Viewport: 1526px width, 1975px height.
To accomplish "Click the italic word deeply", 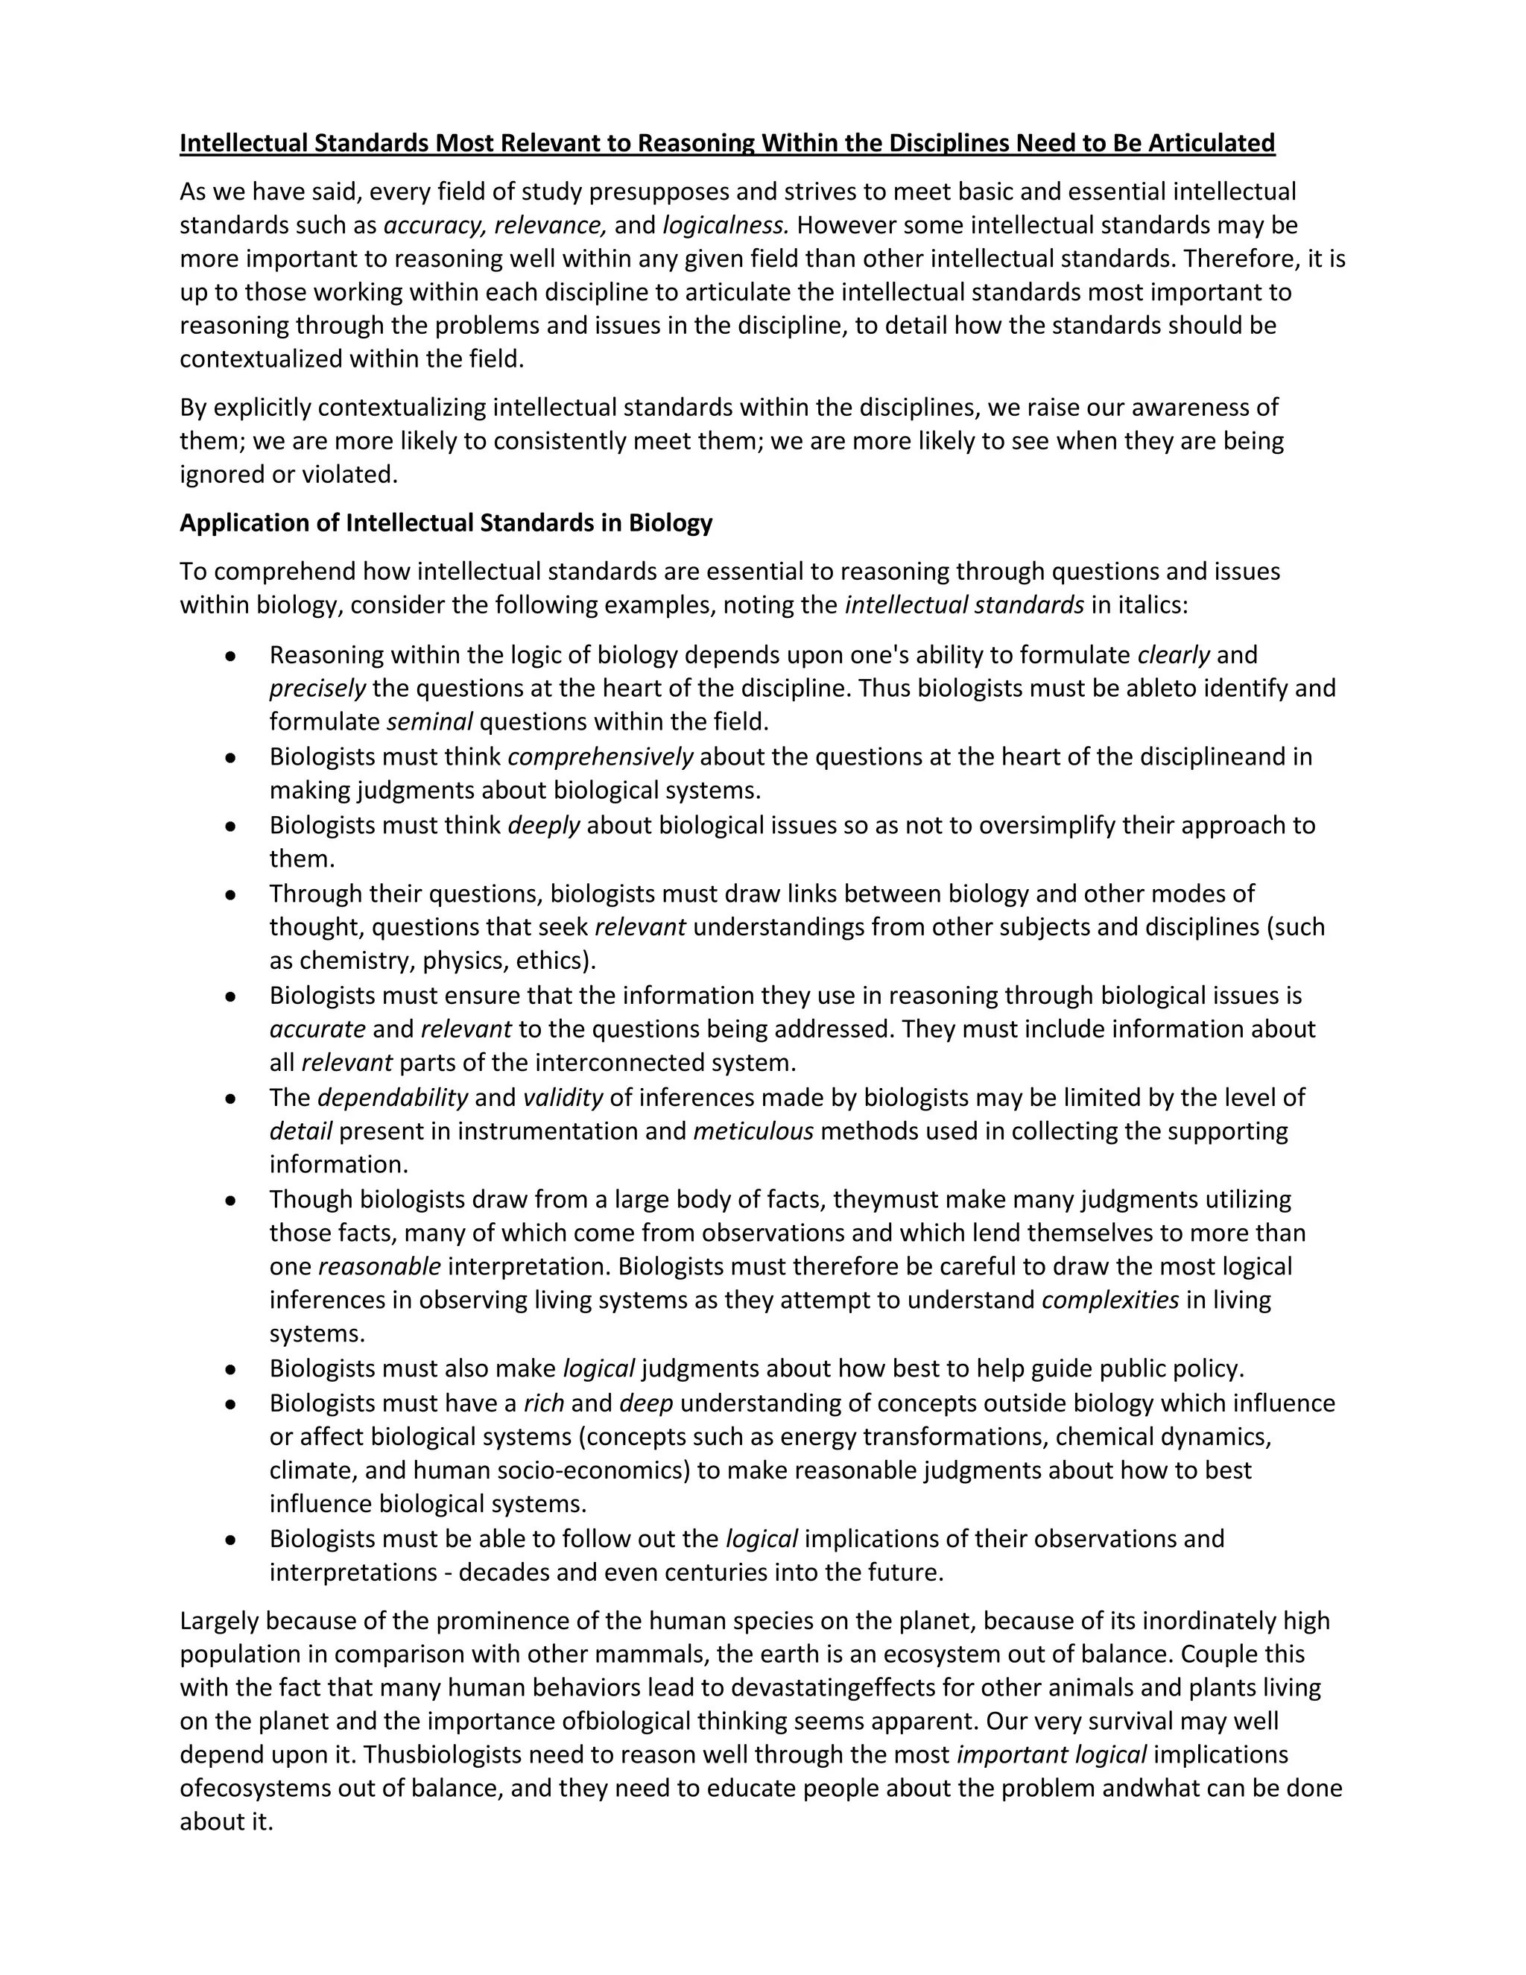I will pos(543,825).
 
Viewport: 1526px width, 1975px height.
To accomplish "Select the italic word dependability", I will pos(393,1097).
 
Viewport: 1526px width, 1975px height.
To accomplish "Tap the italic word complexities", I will pos(1110,1300).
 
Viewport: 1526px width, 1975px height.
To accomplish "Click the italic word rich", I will pos(543,1403).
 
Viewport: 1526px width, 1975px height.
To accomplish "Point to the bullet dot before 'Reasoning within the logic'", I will pos(232,656).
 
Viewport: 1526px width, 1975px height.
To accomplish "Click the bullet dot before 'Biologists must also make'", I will pos(232,1369).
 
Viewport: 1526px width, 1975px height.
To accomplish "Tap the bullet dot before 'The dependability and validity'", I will pos(232,1098).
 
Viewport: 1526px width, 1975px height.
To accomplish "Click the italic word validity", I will pos(563,1097).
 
